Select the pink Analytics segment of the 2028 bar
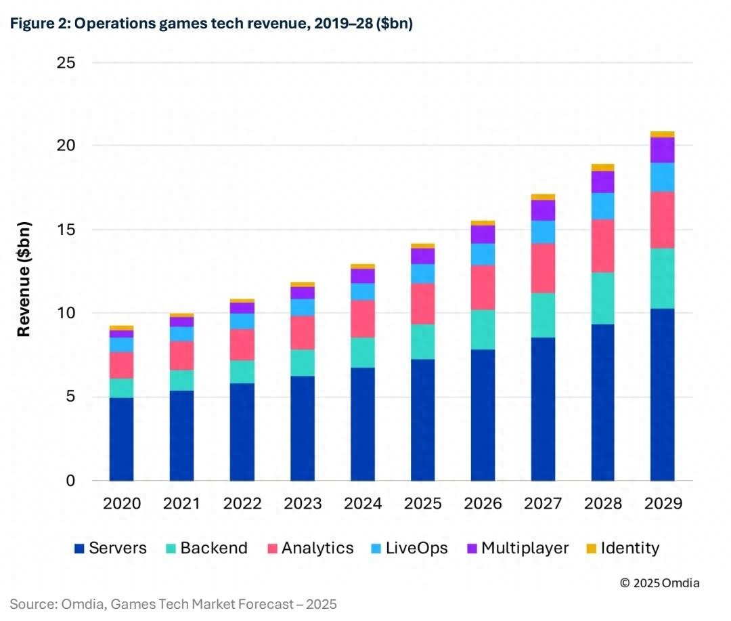pos(602,246)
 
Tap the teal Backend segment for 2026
pos(483,330)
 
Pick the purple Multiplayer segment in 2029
pos(662,150)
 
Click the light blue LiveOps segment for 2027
pos(543,232)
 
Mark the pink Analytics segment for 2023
pos(302,333)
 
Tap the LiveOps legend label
pos(416,548)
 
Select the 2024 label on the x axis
pos(363,504)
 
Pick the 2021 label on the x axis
pos(181,504)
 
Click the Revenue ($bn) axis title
pos(24,279)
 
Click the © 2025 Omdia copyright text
pos(659,582)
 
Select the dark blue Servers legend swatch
pos(79,549)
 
